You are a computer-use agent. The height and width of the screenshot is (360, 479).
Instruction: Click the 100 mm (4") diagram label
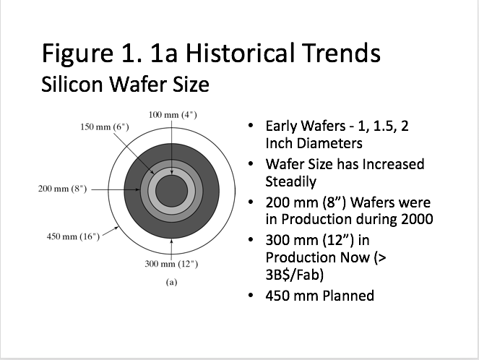point(171,115)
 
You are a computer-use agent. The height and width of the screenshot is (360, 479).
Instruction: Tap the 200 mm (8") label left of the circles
point(62,189)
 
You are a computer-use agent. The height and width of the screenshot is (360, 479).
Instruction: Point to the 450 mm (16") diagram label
point(69,237)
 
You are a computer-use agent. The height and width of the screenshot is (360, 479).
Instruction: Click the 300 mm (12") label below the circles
point(171,264)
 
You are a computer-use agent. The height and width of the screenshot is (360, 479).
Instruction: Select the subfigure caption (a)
point(171,283)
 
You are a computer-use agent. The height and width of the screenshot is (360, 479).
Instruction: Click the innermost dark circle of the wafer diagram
point(171,192)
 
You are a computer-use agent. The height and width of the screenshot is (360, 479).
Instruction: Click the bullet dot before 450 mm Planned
point(250,296)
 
